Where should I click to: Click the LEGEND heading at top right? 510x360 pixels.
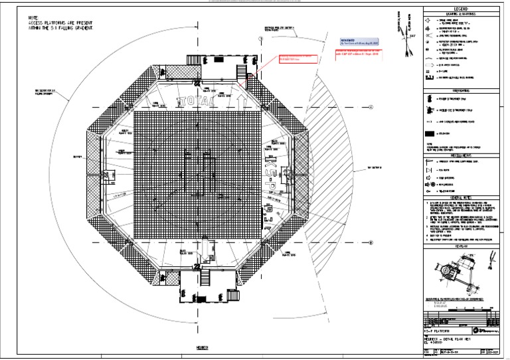point(465,9)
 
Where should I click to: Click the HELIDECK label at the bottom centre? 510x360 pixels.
point(203,347)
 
